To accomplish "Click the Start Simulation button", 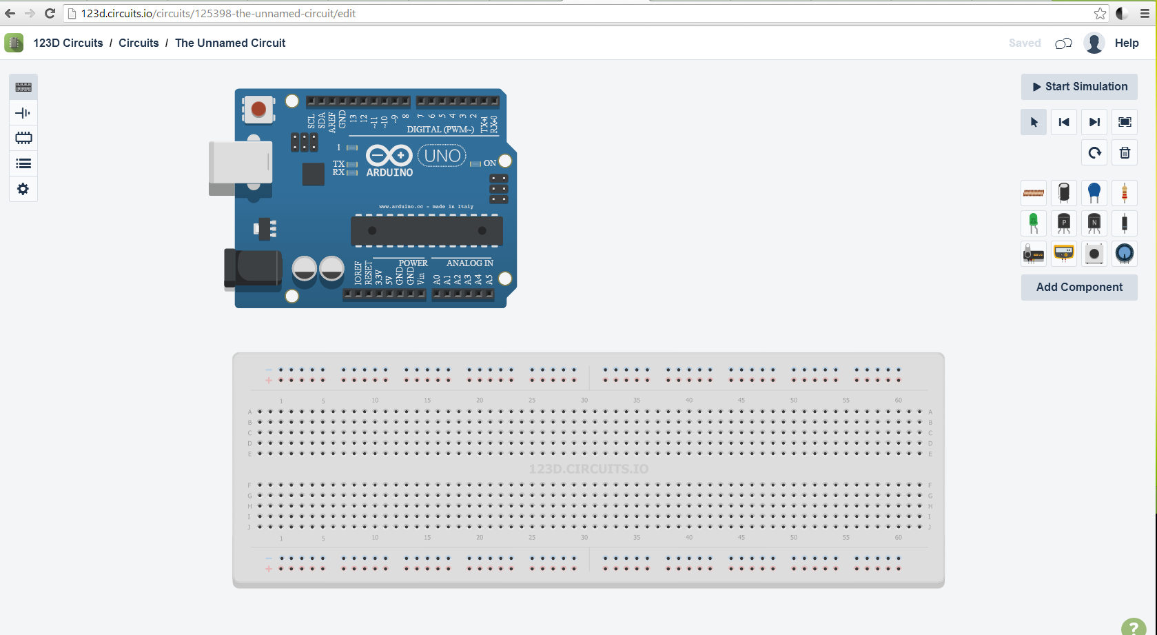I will [x=1079, y=87].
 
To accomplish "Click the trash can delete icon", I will [x=1125, y=153].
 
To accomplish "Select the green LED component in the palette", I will [x=1033, y=223].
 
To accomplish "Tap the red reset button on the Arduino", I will [x=258, y=109].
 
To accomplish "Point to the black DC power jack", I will [x=253, y=268].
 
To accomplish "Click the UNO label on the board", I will [x=442, y=156].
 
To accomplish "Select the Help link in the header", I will [x=1127, y=43].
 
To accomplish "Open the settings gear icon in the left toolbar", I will [x=23, y=189].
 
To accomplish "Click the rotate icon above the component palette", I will [x=1094, y=153].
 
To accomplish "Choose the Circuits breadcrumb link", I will [x=139, y=43].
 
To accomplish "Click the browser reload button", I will [x=50, y=13].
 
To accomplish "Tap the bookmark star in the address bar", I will [x=1100, y=13].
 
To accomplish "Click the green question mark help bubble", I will [x=1134, y=627].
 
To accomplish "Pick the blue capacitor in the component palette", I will [x=1094, y=193].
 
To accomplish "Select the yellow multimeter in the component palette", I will [x=1063, y=254].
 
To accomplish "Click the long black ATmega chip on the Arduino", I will [x=427, y=231].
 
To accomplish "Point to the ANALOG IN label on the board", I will [x=469, y=263].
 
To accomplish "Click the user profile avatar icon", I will [x=1094, y=43].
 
